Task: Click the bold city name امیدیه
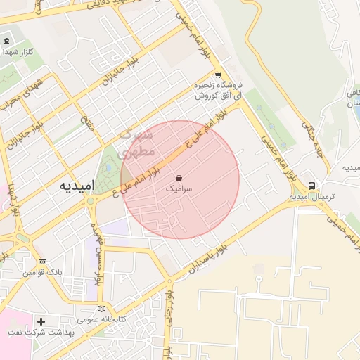click(x=75, y=186)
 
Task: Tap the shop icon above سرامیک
click(x=180, y=178)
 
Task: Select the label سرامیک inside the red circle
click(x=180, y=189)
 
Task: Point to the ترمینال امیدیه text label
click(x=311, y=197)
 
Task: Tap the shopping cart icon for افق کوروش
click(x=218, y=75)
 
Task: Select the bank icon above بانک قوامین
click(x=42, y=262)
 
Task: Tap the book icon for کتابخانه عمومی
click(x=103, y=308)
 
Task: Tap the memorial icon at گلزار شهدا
click(x=7, y=41)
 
